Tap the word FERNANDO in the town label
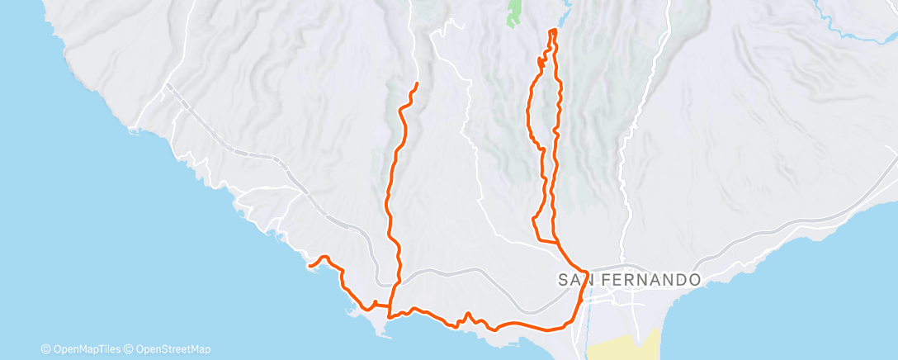coord(652,280)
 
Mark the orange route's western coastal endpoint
coord(310,266)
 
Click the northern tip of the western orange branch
coord(417,84)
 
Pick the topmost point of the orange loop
coord(552,31)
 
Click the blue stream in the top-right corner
coord(850,33)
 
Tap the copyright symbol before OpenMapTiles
coord(46,349)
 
